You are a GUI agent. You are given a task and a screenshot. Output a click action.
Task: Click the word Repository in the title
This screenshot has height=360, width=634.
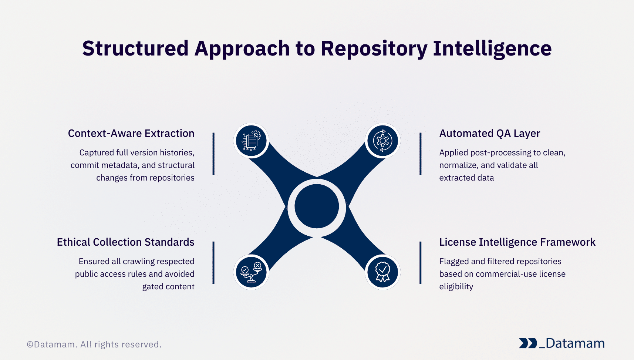tap(374, 49)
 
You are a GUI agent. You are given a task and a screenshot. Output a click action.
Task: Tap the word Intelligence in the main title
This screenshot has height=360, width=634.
tap(492, 49)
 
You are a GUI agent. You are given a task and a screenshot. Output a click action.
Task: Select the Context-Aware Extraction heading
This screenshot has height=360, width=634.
tap(131, 134)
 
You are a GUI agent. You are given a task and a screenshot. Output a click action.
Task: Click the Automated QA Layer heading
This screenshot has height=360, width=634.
tap(489, 134)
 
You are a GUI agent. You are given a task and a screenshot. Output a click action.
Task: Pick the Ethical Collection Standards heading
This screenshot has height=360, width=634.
tap(125, 242)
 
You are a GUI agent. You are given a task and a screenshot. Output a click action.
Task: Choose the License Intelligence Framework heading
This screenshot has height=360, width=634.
tap(517, 242)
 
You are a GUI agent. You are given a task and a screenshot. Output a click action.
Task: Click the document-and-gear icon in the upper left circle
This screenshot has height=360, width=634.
tap(251, 141)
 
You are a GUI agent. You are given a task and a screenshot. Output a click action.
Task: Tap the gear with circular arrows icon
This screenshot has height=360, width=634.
tap(382, 141)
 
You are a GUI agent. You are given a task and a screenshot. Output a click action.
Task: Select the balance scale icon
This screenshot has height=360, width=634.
tap(251, 272)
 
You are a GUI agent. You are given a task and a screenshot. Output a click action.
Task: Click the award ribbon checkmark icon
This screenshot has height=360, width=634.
tap(382, 272)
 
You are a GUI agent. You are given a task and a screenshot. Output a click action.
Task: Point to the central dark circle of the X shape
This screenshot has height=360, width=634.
tap(317, 206)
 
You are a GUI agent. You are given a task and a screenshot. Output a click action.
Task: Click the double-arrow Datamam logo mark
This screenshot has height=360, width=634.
tap(527, 343)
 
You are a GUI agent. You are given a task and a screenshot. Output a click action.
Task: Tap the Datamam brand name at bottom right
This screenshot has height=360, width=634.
tap(575, 343)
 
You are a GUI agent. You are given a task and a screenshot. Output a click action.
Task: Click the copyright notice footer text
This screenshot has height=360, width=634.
tap(94, 344)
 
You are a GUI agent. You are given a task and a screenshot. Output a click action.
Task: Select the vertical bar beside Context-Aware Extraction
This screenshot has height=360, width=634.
tap(213, 154)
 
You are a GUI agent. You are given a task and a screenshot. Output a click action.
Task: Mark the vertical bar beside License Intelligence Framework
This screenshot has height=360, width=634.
tap(421, 263)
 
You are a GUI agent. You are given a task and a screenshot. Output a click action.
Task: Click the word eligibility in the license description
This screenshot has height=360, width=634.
tap(456, 287)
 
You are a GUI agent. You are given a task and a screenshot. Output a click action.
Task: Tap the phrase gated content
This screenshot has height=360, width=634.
tap(168, 287)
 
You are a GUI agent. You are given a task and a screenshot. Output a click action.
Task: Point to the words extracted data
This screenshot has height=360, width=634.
tap(466, 178)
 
